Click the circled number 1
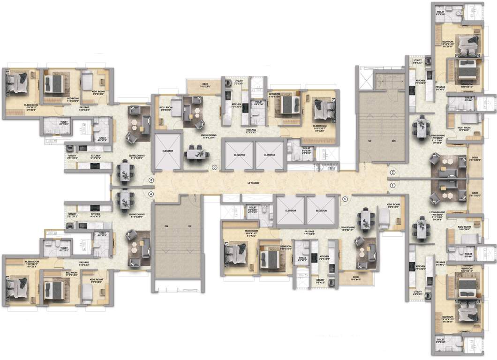[x=393, y=186]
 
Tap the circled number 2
[x=393, y=172]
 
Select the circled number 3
[x=151, y=180]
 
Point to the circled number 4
[x=151, y=194]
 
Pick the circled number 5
[x=345, y=199]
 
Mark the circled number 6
[x=215, y=166]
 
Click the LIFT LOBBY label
[x=254, y=182]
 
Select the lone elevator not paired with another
[x=167, y=151]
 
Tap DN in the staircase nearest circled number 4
[x=166, y=226]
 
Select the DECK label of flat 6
[x=195, y=85]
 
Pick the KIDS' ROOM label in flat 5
[x=393, y=205]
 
